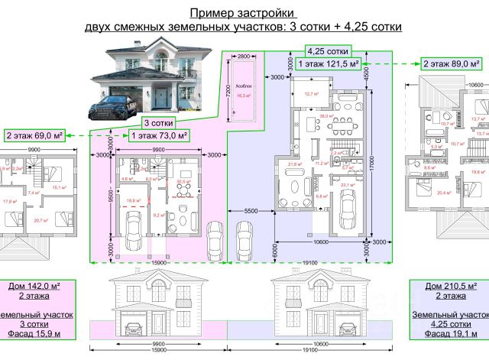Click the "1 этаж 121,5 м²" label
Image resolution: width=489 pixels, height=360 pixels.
(329, 64)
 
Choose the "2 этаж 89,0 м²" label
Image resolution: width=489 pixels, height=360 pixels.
(452, 64)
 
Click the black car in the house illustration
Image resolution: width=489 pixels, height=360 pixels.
(118, 105)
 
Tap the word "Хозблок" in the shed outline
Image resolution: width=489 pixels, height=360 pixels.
(243, 86)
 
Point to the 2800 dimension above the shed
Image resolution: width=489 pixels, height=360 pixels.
(244, 57)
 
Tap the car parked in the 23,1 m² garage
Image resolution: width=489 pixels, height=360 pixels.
(348, 207)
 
